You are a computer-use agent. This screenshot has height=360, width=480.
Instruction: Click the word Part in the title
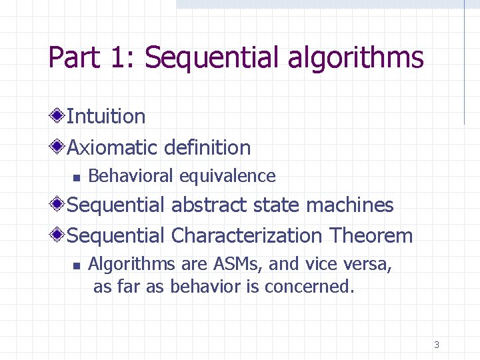pyautogui.click(x=72, y=58)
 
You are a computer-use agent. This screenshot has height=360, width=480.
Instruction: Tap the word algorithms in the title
pyautogui.click(x=356, y=58)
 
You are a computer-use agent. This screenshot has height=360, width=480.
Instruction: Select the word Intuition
pyautogui.click(x=106, y=117)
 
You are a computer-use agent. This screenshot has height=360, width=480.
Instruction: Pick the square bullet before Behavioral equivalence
pyautogui.click(x=77, y=178)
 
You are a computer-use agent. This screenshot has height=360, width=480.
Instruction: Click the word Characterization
pyautogui.click(x=246, y=235)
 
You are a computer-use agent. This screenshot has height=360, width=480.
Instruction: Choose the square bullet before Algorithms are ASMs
pyautogui.click(x=77, y=266)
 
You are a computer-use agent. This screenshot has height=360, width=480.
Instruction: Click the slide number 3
pyautogui.click(x=436, y=345)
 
